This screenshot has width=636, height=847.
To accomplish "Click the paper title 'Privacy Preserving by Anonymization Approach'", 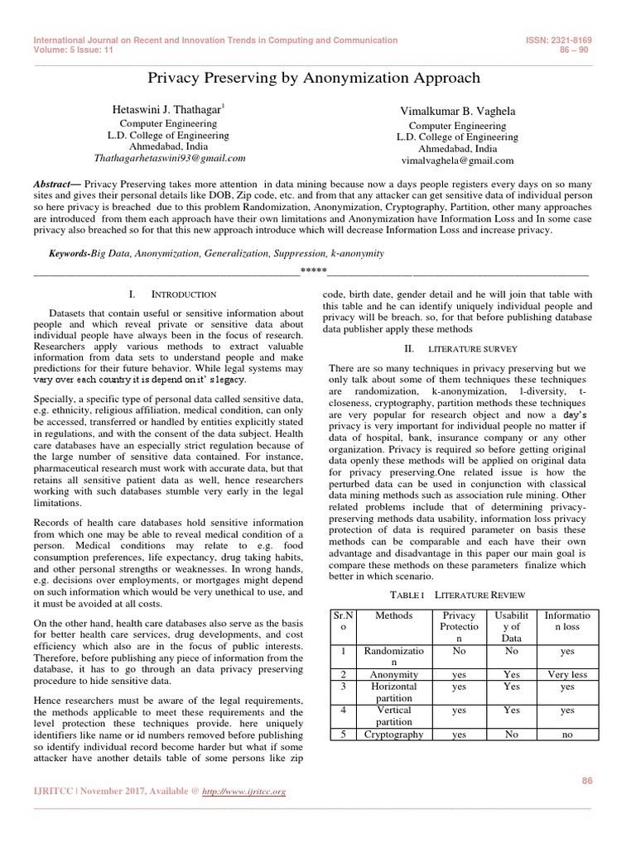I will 313,78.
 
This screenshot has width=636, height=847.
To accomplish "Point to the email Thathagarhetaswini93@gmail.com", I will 170,157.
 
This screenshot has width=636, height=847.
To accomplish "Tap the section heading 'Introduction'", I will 183,294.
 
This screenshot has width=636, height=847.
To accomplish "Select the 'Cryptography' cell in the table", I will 393,734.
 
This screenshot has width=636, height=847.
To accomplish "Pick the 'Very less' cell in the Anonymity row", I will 566,675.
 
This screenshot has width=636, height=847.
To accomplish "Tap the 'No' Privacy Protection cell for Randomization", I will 459,651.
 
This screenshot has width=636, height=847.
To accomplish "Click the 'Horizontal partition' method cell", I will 393,692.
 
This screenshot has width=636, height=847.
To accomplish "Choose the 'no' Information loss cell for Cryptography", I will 566,734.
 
